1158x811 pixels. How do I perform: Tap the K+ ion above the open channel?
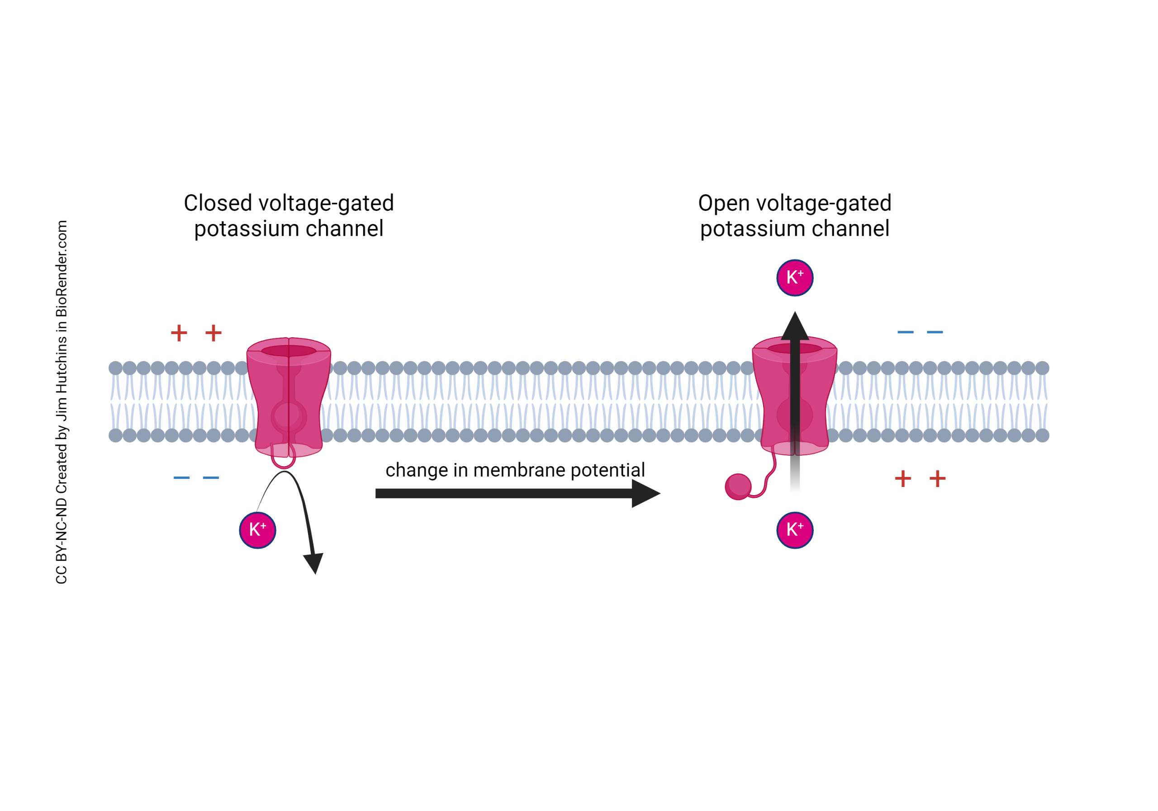tap(795, 277)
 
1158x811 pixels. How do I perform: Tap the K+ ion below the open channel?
tap(795, 530)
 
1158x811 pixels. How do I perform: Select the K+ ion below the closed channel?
tap(257, 530)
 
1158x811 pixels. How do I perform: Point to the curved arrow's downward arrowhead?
tap(314, 563)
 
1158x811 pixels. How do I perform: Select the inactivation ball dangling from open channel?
tap(738, 487)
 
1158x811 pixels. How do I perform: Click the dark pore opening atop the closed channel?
tap(289, 351)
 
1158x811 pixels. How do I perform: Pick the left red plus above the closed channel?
tap(179, 333)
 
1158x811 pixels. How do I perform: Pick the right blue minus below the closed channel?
tap(211, 477)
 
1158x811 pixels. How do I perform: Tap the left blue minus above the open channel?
tap(905, 332)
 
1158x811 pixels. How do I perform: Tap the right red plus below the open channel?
tap(937, 478)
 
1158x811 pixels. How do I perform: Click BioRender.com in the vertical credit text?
tap(62, 268)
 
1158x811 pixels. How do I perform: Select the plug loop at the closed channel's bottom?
tap(283, 460)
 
